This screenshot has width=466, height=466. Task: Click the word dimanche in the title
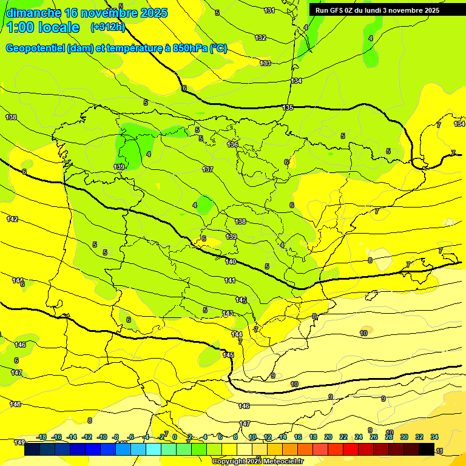click(33, 13)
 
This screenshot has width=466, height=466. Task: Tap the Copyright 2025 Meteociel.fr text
click(257, 461)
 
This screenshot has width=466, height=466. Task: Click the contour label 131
click(269, 10)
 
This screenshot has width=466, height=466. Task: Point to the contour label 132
click(260, 38)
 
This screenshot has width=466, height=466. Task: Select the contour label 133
click(265, 63)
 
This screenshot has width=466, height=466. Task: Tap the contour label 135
click(288, 107)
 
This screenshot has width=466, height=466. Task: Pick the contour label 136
click(232, 144)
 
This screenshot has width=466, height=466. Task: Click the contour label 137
click(208, 169)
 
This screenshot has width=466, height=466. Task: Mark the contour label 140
click(231, 262)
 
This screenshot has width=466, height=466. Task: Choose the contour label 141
click(230, 280)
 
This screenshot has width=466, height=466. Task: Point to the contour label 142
click(12, 219)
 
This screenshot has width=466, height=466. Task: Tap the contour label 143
click(228, 313)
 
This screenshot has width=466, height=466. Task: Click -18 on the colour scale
click(42, 437)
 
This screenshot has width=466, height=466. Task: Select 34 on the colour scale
click(434, 437)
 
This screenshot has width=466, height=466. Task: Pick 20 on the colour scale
click(328, 437)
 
